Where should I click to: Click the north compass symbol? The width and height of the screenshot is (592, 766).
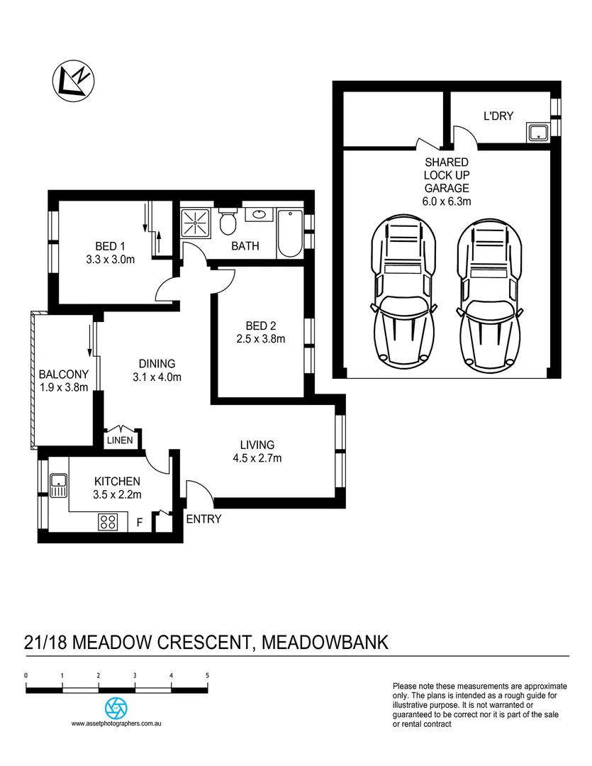pyautogui.click(x=74, y=79)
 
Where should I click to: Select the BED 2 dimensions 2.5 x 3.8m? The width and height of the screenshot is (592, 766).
pyautogui.click(x=260, y=339)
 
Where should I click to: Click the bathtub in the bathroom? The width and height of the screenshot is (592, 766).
pyautogui.click(x=291, y=233)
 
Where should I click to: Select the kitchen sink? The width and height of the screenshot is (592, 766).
pyautogui.click(x=58, y=487)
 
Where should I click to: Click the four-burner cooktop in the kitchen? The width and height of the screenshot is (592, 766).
pyautogui.click(x=108, y=523)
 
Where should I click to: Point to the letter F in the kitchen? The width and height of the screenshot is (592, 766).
pyautogui.click(x=140, y=523)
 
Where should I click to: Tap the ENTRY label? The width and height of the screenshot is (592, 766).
pyautogui.click(x=203, y=519)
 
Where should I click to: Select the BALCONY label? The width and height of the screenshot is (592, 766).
pyautogui.click(x=64, y=374)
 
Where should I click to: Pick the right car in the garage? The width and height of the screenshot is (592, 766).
pyautogui.click(x=489, y=291)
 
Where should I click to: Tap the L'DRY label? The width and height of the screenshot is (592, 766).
pyautogui.click(x=498, y=115)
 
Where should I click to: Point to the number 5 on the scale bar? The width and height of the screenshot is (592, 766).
pyautogui.click(x=207, y=675)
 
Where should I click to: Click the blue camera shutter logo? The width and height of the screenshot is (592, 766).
pyautogui.click(x=116, y=708)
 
